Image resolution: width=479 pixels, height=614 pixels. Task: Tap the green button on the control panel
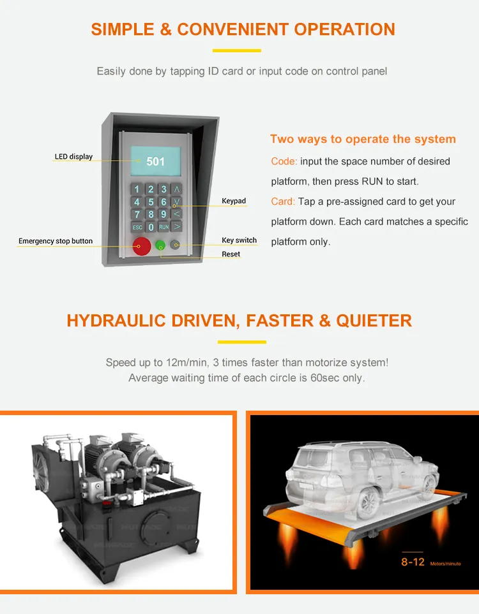[x=160, y=245]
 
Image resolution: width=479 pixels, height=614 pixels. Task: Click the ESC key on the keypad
[x=137, y=227]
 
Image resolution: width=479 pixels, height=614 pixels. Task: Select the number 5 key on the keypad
[x=151, y=202]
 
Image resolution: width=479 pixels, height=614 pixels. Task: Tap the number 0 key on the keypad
[x=151, y=227]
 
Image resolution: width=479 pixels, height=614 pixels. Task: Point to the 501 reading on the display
[x=155, y=161]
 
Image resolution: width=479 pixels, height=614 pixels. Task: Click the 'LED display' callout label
[x=73, y=157]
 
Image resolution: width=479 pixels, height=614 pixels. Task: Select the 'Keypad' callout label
[x=234, y=201]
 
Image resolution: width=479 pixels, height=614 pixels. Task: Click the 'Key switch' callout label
[x=239, y=240]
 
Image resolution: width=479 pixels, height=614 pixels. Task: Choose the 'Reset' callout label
[x=231, y=254]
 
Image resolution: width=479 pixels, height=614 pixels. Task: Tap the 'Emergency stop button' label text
[x=56, y=241]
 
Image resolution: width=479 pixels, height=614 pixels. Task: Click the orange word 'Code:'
[x=284, y=161]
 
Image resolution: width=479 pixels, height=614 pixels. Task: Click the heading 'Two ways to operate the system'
[x=363, y=139]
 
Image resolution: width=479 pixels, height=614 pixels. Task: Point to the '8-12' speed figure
[x=413, y=562]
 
